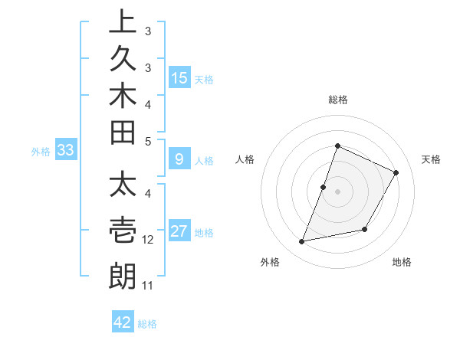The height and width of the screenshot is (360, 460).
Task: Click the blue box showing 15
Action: (x=179, y=78)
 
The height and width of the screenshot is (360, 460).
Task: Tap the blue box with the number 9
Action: (x=179, y=159)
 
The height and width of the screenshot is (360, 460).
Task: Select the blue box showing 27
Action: (x=179, y=231)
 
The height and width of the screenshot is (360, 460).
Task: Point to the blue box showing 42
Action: (x=123, y=322)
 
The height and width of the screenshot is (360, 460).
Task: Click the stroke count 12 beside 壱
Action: (x=148, y=240)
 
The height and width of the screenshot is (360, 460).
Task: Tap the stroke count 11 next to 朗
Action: (x=147, y=286)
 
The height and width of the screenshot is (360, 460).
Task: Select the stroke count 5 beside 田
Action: (x=148, y=141)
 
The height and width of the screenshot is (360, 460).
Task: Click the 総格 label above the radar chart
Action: (x=338, y=100)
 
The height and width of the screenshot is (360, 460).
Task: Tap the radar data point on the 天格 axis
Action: (x=396, y=172)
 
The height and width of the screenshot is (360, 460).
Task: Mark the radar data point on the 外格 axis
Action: (x=302, y=242)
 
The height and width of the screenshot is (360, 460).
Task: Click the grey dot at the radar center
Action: (x=337, y=191)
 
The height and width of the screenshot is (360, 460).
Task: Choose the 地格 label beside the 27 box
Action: (x=204, y=233)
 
